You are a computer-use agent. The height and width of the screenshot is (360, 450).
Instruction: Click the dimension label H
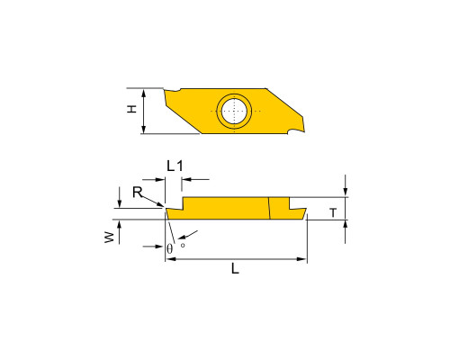tap(131, 109)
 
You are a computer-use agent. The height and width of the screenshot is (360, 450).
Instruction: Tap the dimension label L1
tap(175, 166)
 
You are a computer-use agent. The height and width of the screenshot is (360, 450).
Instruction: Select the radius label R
tap(137, 192)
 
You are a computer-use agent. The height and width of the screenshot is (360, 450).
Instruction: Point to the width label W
tap(110, 238)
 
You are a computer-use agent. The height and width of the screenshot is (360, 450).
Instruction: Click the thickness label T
tap(333, 212)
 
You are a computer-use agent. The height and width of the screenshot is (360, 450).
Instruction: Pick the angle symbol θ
tap(170, 248)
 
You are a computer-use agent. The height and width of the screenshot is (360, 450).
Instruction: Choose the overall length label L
tap(235, 268)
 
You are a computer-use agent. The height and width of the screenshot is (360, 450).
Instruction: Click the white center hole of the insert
tap(234, 111)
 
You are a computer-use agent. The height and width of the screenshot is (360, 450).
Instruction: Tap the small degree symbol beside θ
tap(183, 245)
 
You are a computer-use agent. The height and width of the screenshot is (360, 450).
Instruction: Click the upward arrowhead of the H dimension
tap(144, 93)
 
